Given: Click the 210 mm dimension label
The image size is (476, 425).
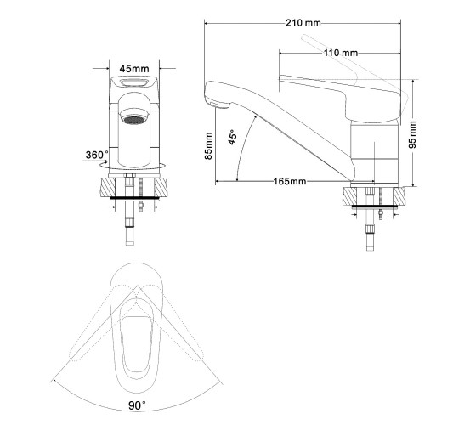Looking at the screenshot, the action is point(303,23).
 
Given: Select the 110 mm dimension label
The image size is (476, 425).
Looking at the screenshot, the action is point(340,53).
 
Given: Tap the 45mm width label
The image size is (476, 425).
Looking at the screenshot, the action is point(134,69).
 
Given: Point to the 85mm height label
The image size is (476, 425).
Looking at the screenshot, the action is point(208,146).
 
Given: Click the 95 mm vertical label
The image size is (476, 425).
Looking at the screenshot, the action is point(413,134).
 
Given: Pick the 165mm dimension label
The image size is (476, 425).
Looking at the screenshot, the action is point(290,182).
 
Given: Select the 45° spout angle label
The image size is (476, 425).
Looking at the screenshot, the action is point(232,137).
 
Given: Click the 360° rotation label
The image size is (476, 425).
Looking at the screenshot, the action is point(97,155).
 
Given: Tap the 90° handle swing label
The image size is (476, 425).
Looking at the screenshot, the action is point(137,405).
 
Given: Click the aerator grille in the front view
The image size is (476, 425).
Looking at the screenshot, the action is point(133,120).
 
